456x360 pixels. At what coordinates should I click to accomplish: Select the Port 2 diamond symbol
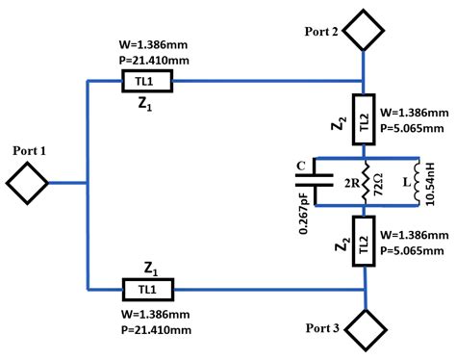click(x=365, y=30)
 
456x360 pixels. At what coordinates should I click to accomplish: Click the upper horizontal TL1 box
click(x=146, y=82)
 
